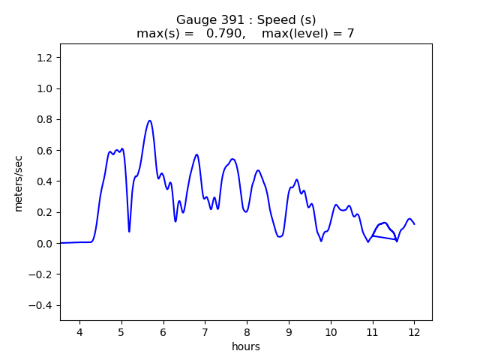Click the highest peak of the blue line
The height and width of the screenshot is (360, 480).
coord(150,121)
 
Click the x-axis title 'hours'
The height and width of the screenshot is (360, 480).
coord(246,347)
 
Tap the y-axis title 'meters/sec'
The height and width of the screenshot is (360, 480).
coord(19,181)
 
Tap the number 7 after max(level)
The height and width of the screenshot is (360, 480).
coord(350,34)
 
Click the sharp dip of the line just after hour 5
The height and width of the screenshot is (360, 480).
coord(129,231)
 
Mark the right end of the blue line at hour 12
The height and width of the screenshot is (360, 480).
coord(414,224)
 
